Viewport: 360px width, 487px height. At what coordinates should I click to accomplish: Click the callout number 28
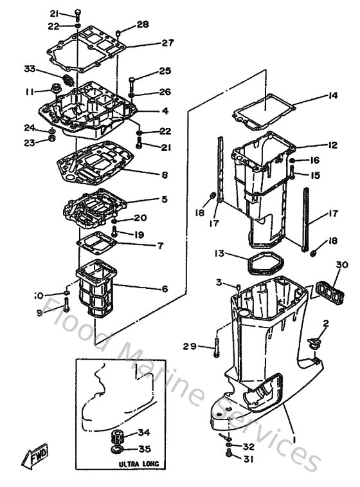point(142,24)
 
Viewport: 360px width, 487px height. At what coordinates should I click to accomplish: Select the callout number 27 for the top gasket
point(167,43)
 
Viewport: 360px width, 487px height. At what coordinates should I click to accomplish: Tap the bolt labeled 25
point(132,82)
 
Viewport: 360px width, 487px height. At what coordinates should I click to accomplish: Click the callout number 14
point(332,96)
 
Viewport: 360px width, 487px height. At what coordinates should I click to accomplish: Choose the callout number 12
point(332,145)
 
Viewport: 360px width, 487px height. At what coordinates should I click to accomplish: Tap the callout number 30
point(342,264)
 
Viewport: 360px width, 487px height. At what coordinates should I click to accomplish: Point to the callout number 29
point(189,347)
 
